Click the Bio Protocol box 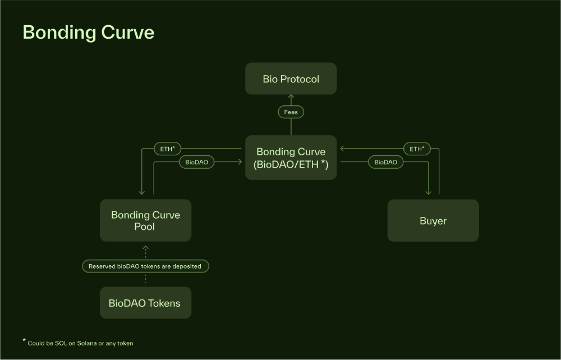(x=291, y=79)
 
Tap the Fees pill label (x=291, y=112)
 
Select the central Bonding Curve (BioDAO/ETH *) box (x=291, y=158)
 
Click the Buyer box (x=433, y=220)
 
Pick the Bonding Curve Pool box (x=145, y=220)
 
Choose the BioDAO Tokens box (x=145, y=303)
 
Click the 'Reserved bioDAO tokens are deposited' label (x=145, y=266)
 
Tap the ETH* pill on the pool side (x=168, y=149)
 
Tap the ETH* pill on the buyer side (x=417, y=149)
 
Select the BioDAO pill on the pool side (x=196, y=162)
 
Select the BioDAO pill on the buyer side (x=385, y=162)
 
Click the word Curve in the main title (x=127, y=32)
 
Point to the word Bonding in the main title (x=59, y=32)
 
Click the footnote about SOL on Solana (x=80, y=343)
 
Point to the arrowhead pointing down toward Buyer (x=429, y=192)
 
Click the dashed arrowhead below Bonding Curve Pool (x=145, y=247)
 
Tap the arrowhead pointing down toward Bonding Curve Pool (x=143, y=192)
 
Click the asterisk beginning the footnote (x=24, y=340)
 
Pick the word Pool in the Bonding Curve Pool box (x=145, y=227)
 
